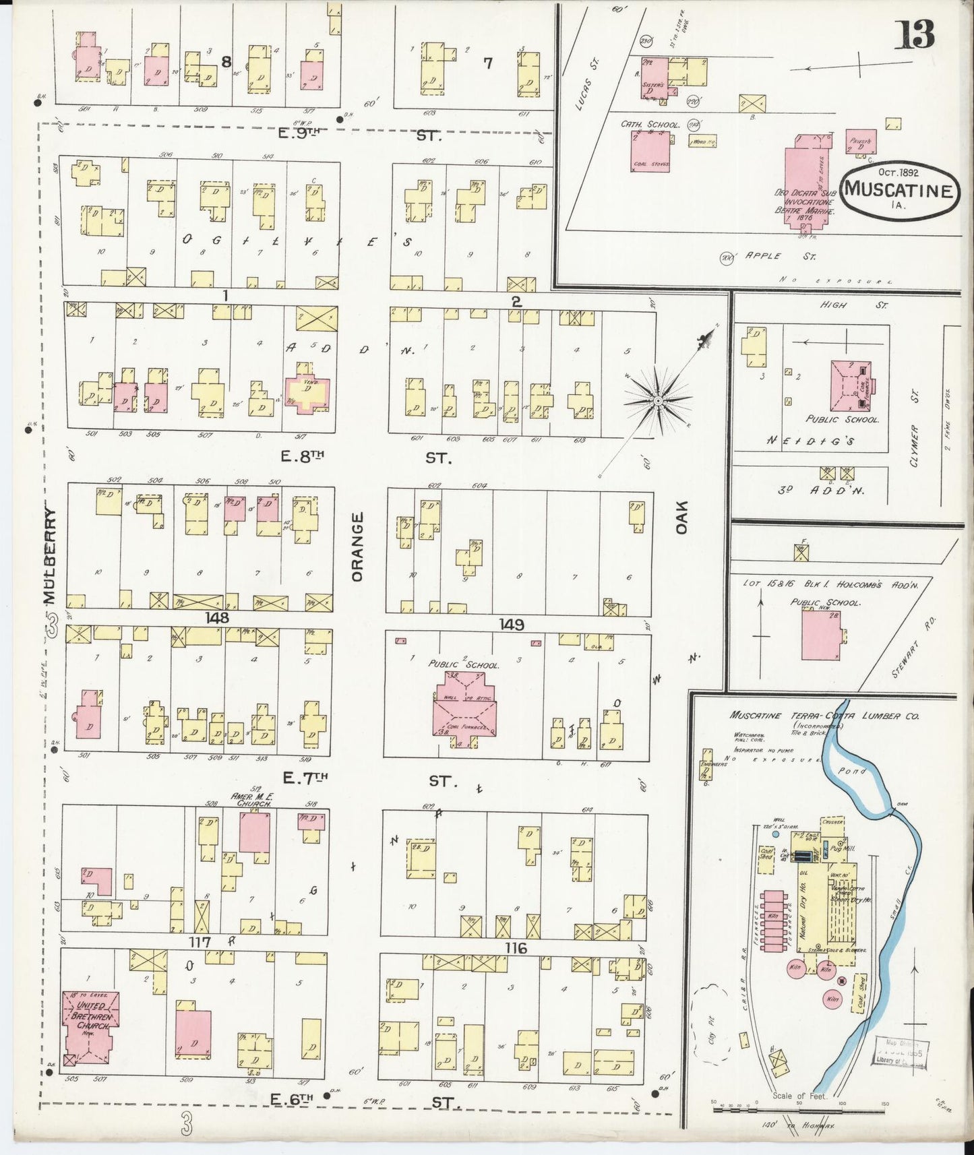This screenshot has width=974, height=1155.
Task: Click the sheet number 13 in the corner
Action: tap(915, 34)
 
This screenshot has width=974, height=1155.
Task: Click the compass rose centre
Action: tap(657, 400)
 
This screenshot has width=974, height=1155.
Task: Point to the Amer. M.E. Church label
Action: tap(251, 800)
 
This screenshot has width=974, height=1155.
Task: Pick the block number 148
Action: tap(217, 617)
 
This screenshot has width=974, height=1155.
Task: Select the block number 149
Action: tap(512, 624)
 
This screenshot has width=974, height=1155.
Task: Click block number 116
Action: tap(516, 948)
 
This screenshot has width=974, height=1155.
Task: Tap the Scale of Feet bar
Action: tap(799, 1107)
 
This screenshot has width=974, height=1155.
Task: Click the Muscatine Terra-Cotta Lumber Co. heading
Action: tap(824, 716)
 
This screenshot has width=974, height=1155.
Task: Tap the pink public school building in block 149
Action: tap(465, 712)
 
